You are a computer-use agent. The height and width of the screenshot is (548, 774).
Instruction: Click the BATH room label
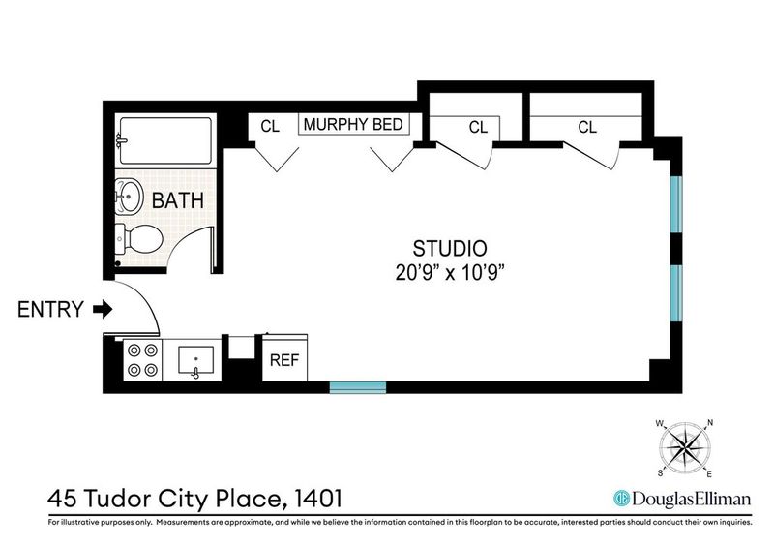pos(178,200)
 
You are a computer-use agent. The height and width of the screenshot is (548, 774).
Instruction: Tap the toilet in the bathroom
pos(139,239)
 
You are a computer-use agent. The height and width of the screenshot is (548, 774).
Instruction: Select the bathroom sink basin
pos(129,197)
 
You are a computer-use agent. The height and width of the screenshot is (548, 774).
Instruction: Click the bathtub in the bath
pos(165,140)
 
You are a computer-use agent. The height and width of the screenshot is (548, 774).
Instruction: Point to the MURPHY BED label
pos(353,125)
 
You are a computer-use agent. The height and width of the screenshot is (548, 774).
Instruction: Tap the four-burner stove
pos(142,360)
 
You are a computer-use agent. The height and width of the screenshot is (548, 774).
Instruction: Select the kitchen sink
pos(196,361)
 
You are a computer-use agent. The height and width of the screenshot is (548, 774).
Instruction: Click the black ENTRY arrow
pos(103,309)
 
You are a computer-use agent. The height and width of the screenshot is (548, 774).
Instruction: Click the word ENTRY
pos(51,309)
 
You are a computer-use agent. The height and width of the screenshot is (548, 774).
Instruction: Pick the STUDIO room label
pos(450,249)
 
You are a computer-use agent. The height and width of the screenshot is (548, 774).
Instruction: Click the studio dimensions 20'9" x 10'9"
pos(450,273)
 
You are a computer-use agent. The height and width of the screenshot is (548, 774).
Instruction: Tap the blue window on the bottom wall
pos(357,387)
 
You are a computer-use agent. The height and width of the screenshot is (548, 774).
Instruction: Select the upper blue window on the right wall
pos(676,204)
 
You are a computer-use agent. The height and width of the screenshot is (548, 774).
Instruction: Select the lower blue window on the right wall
pos(676,293)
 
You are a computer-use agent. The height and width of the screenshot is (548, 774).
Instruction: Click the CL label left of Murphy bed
pos(270,127)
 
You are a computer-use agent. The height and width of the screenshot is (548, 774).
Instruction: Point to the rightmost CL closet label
pos(587,128)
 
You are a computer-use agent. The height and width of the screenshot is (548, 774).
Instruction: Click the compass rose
pos(685,448)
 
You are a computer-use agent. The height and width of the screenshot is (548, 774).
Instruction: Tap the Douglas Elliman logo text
pos(691,499)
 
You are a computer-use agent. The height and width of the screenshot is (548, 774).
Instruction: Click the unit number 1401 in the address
pos(318,499)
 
